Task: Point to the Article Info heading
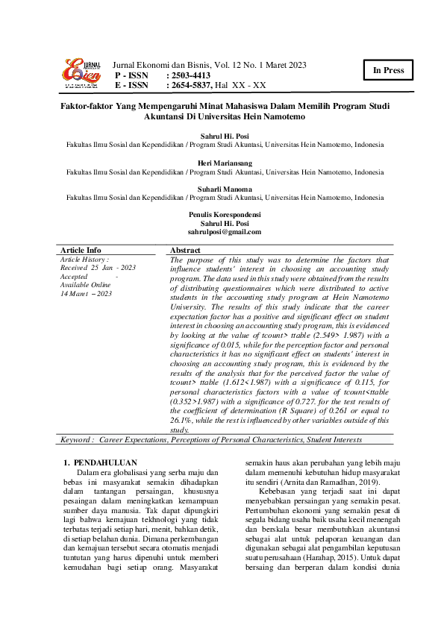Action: (81, 250)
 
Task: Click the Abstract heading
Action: (186, 250)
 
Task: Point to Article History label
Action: (84, 258)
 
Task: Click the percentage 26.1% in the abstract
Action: (183, 420)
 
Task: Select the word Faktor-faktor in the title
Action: (85, 107)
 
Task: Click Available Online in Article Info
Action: (85, 285)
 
